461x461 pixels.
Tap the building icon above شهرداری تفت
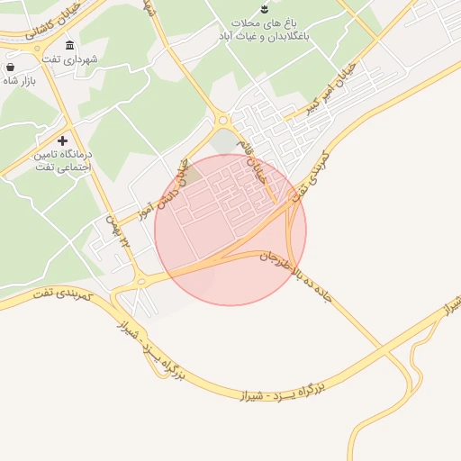[70, 45]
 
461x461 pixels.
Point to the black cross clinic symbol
[62, 140]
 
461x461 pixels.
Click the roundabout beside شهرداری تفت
[42, 57]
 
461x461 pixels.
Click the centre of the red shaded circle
[230, 230]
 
